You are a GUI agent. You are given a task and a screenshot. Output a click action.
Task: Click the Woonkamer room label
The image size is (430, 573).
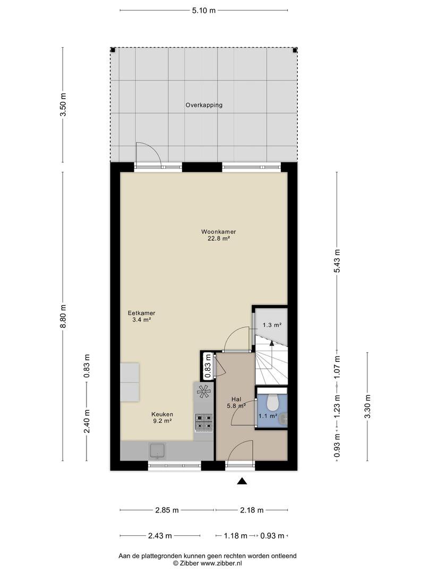pos(218,232)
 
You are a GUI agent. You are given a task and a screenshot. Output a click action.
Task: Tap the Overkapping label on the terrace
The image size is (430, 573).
pos(204,105)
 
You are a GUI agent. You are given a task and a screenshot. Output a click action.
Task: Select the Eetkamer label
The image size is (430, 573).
pos(142,313)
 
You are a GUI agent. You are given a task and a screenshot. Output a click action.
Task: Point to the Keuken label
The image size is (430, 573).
pos(162,414)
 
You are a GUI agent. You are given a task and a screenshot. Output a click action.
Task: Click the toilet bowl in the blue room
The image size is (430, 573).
pos(272,403)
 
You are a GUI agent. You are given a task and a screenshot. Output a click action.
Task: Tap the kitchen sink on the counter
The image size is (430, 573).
pos(158,450)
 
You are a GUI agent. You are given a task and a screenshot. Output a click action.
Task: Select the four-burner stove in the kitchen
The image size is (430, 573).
pos(204,422)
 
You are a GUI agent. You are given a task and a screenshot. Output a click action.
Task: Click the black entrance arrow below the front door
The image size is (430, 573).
pos(242,481)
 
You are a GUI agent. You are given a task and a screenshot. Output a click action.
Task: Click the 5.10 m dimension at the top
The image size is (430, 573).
pos(204,11)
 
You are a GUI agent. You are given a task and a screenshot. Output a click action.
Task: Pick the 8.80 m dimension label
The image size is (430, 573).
pos(63,316)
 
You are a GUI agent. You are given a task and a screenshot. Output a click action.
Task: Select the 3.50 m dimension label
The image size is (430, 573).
pos(63,105)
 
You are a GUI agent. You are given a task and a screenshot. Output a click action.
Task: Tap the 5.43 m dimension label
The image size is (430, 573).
pos(337,261)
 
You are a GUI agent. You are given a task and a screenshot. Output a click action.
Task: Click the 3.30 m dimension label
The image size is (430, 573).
pos(368,407)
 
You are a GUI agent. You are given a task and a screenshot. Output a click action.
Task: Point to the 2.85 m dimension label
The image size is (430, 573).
pos(167,510)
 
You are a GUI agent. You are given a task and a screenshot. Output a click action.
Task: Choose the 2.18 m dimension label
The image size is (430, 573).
pos(252,510)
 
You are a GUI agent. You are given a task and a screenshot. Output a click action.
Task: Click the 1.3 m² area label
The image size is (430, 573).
pos(272,325)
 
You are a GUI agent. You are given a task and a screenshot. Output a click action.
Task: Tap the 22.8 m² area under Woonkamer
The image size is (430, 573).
pos(218,239)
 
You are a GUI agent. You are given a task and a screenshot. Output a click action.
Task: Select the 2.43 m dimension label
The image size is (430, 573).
pos(160,536)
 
